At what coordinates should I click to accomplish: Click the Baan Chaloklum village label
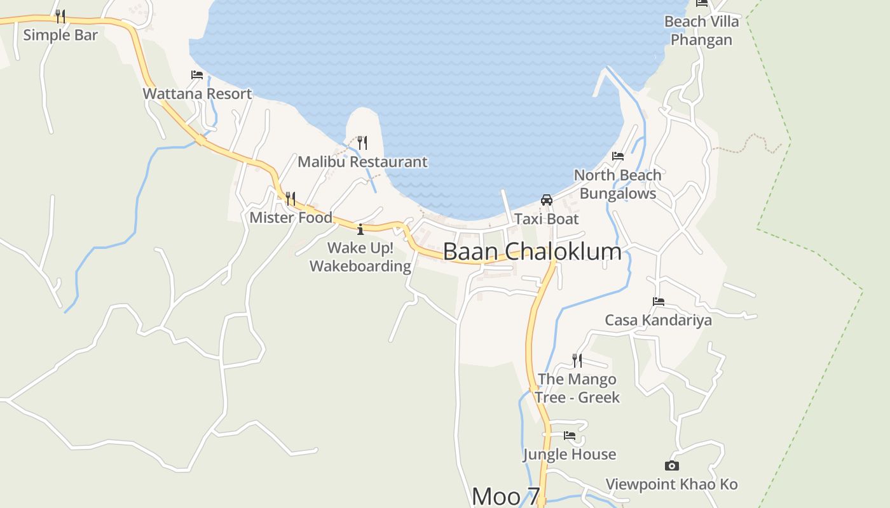click(532, 251)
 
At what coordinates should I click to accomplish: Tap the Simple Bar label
click(60, 34)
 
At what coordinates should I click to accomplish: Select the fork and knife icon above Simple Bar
click(60, 15)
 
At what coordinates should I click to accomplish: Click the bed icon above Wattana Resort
click(197, 75)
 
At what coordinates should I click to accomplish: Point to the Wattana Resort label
click(197, 94)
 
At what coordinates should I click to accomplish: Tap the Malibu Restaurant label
click(362, 162)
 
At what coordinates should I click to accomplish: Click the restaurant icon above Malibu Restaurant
click(362, 142)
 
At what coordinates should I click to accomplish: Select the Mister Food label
click(291, 218)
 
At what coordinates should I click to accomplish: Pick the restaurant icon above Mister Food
click(291, 199)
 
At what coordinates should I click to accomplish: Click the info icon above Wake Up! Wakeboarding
click(360, 229)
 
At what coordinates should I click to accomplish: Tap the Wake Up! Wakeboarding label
click(360, 257)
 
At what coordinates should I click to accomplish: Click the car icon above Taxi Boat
click(547, 200)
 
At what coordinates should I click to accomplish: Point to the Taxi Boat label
click(547, 219)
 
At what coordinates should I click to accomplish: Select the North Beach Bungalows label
click(617, 184)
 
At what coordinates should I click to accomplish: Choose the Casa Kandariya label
click(658, 320)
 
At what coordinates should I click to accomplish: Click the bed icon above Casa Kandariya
click(659, 301)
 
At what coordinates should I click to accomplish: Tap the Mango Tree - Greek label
click(577, 388)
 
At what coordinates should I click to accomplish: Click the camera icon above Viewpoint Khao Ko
click(671, 465)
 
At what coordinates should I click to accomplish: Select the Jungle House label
click(570, 455)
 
